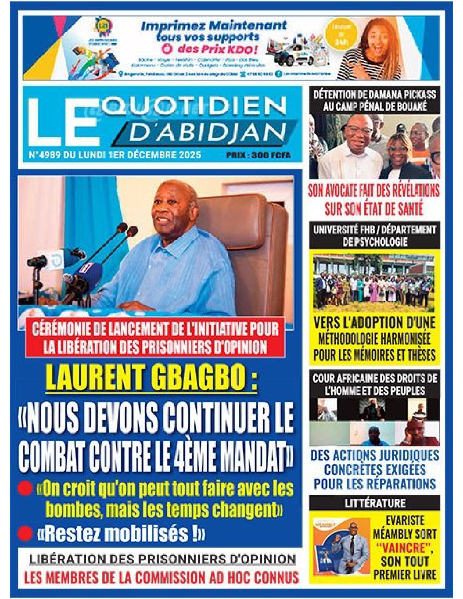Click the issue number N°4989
click(44, 154)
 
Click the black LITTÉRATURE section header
click(375, 503)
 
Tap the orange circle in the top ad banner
click(345, 35)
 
